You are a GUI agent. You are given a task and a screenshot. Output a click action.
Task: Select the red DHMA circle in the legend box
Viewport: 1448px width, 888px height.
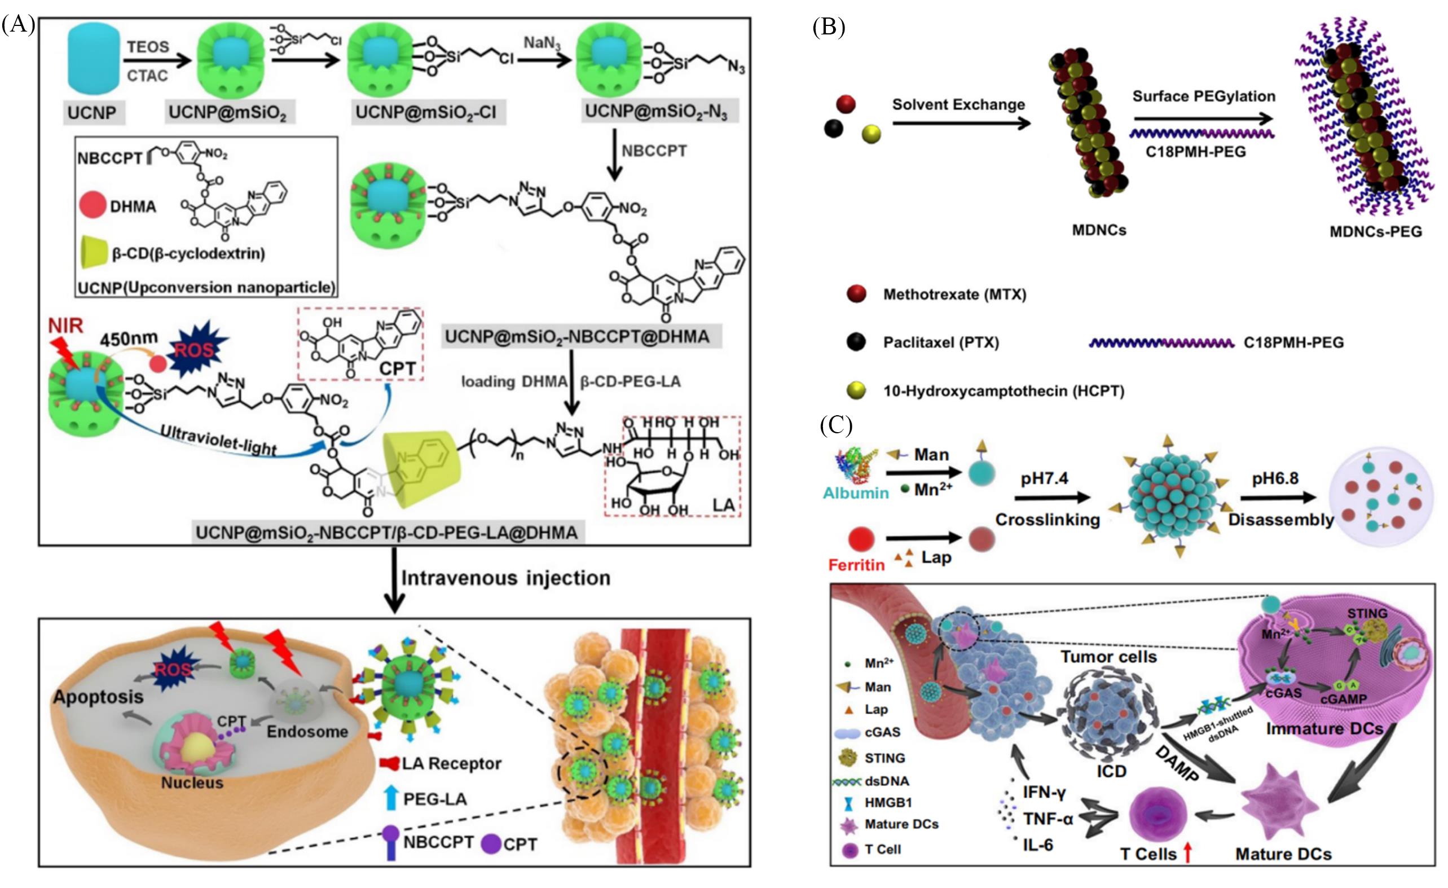pos(93,206)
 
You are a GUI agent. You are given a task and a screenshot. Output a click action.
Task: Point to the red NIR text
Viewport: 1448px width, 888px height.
pos(65,326)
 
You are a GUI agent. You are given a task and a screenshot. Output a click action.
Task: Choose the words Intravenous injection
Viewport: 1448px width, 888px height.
pos(505,578)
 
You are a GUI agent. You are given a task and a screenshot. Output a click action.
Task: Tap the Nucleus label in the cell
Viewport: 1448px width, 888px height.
pos(192,783)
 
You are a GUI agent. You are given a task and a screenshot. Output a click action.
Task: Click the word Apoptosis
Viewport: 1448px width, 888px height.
pos(98,697)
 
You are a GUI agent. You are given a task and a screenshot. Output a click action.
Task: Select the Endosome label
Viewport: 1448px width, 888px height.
pos(307,732)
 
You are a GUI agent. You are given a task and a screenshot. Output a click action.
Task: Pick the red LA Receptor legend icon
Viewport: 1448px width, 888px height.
pos(389,763)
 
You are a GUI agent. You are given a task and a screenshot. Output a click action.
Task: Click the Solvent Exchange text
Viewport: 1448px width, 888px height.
pos(958,104)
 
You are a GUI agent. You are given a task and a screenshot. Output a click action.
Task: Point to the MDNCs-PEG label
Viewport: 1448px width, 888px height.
pos(1376,231)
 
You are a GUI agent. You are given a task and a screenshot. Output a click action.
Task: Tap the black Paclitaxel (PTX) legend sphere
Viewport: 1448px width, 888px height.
pos(856,341)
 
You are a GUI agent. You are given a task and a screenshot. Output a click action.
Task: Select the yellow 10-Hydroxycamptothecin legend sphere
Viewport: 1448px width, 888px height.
pos(856,390)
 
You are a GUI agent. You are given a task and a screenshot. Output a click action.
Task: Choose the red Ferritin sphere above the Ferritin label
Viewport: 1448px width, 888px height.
pos(861,538)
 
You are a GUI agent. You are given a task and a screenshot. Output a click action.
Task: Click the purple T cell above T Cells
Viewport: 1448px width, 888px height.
pos(1158,816)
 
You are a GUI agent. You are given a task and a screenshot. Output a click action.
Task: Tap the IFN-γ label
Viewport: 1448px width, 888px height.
pos(1044,792)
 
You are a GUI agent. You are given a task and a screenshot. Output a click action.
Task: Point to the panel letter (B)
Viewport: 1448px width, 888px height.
pos(829,27)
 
